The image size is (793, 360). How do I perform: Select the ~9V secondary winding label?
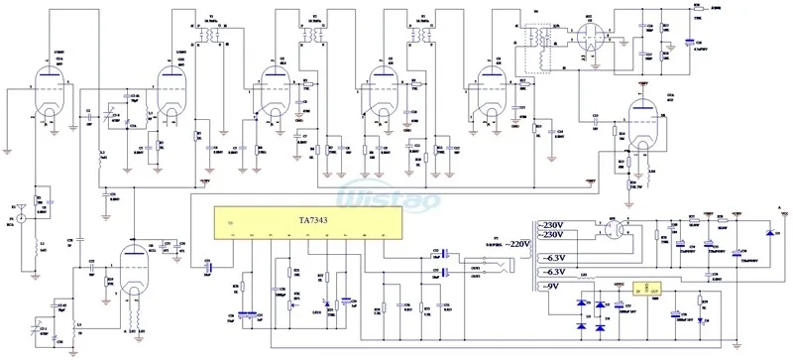(548, 288)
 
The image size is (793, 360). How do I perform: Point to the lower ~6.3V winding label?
(553, 272)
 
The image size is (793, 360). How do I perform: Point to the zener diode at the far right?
(769, 232)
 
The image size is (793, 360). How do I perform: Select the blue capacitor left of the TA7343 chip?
(207, 266)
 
